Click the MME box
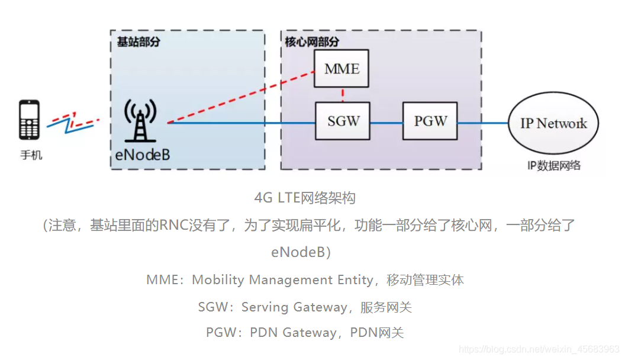click(342, 69)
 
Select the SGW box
click(343, 121)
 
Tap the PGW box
click(430, 121)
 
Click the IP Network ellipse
click(553, 124)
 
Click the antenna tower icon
click(140, 121)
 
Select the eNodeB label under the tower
click(142, 155)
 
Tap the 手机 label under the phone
click(31, 156)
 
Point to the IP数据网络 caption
click(553, 165)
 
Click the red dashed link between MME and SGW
click(343, 95)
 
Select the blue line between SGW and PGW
click(386, 123)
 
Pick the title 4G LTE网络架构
click(304, 198)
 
